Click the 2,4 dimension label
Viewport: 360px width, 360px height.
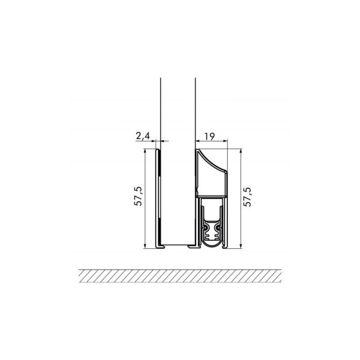[142, 136]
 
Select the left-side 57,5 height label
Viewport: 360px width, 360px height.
[138, 197]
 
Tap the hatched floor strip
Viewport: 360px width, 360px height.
[180, 275]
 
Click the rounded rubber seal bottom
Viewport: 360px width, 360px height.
[211, 239]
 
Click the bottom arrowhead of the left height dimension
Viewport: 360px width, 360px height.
[146, 247]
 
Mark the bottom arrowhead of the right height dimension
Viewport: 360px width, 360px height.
[241, 247]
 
